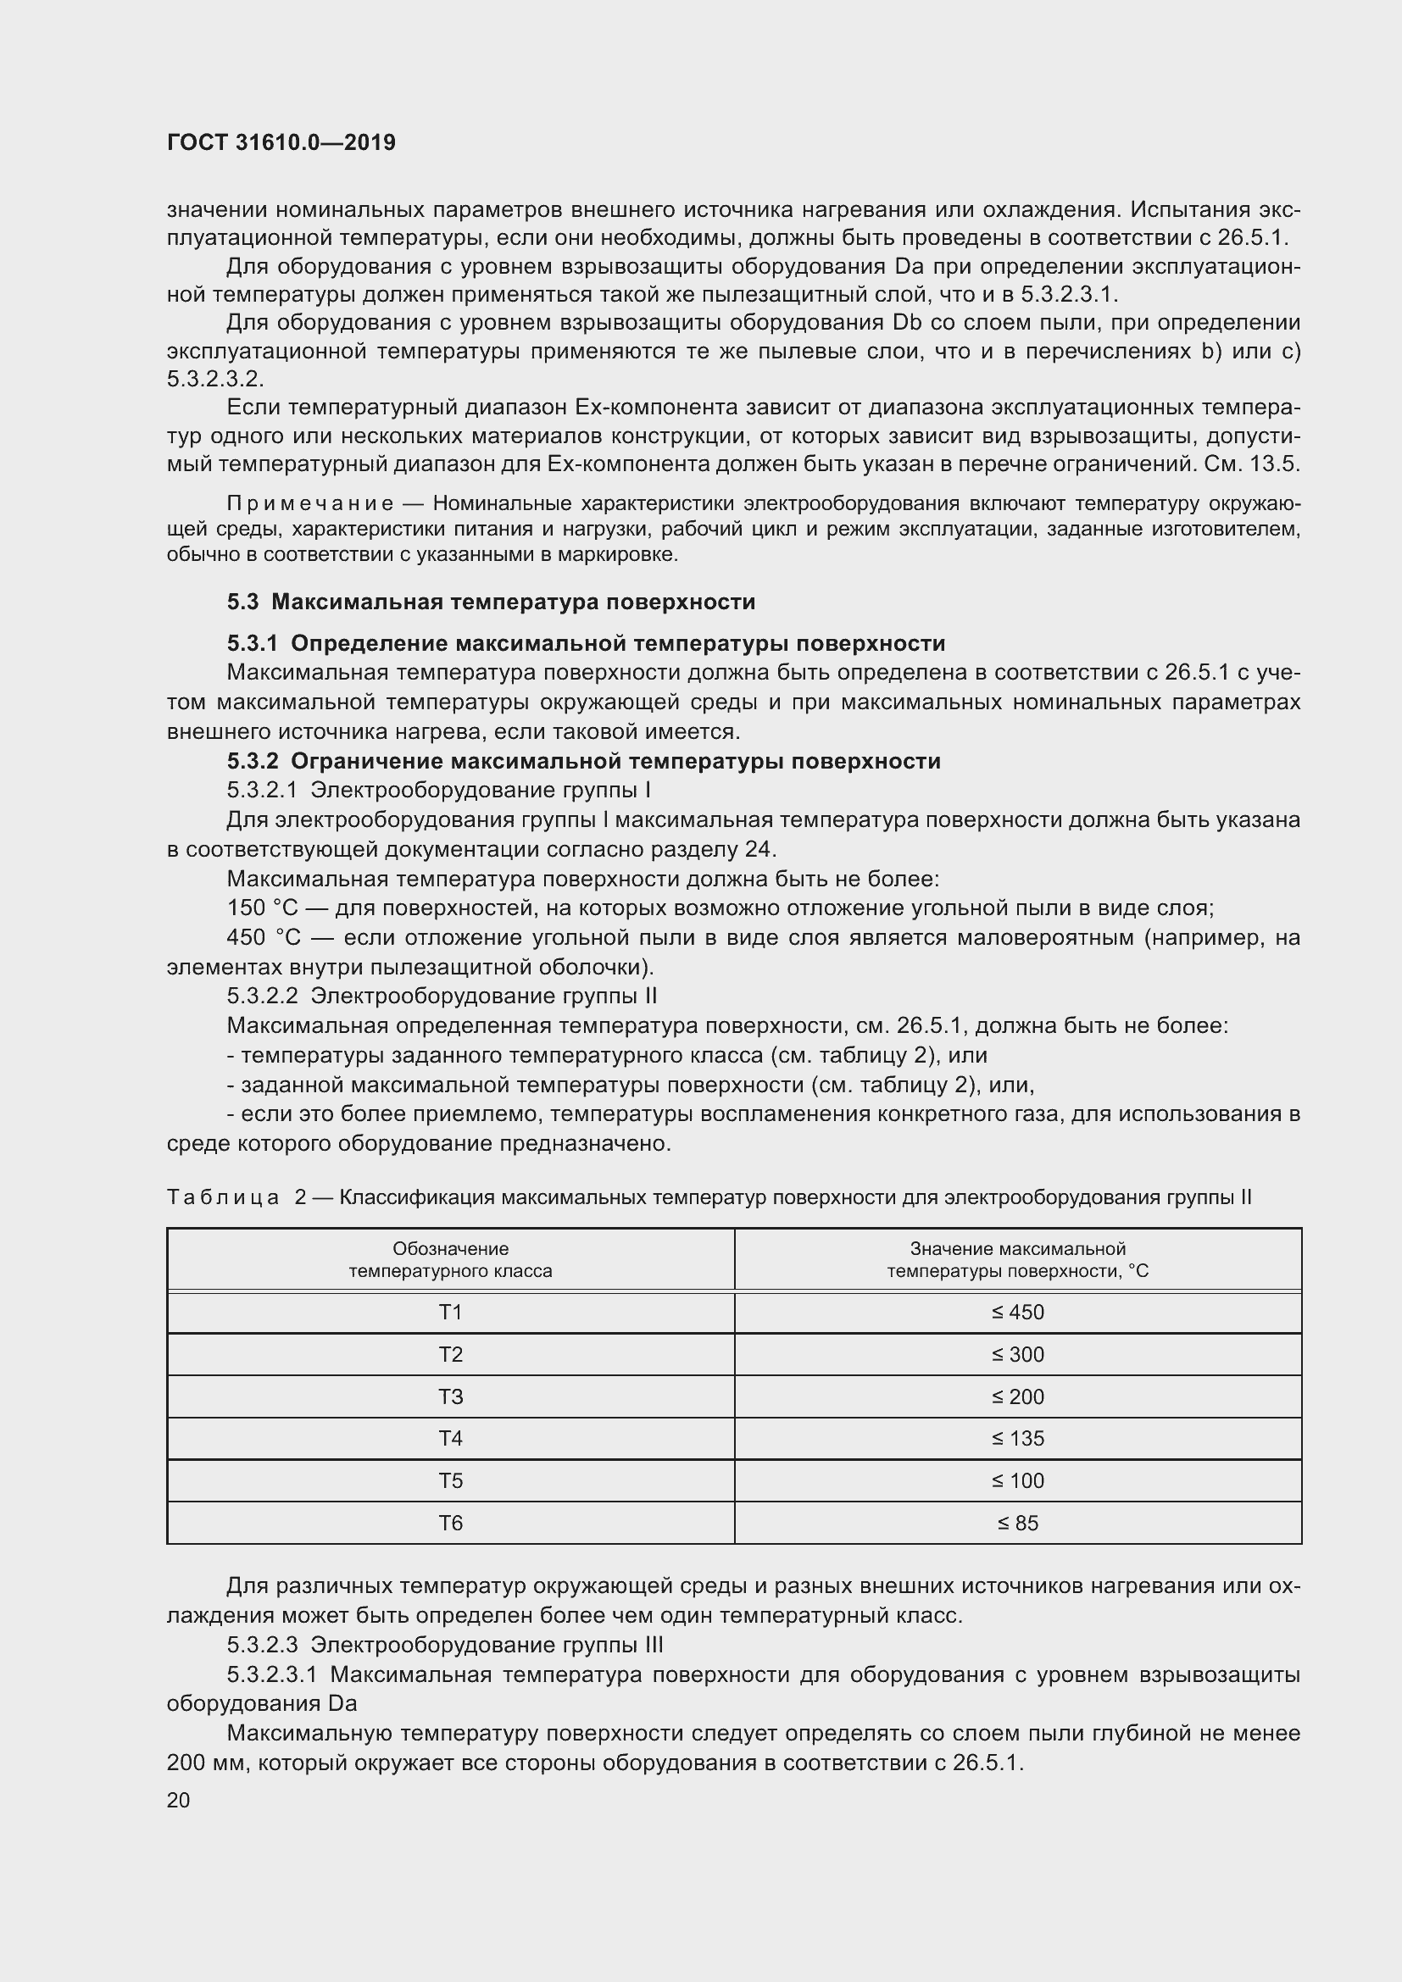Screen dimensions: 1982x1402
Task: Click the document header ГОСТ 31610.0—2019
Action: pos(281,142)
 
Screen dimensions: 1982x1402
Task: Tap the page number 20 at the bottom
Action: pos(178,1800)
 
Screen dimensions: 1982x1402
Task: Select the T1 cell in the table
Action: pos(450,1312)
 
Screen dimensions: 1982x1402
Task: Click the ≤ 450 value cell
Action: pos(1017,1312)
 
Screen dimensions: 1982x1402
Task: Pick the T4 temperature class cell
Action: pos(450,1438)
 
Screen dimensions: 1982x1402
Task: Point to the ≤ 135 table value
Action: pos(1017,1438)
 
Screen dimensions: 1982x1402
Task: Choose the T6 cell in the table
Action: pos(450,1523)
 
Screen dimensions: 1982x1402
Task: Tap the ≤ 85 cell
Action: pos(1017,1523)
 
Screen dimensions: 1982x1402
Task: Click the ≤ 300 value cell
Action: pos(1017,1354)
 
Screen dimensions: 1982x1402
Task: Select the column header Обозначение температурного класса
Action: pos(450,1259)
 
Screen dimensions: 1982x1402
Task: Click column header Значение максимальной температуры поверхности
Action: pos(1017,1259)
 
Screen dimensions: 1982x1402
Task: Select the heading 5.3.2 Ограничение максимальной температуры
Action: pos(582,760)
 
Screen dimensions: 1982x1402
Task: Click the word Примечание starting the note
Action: pos(310,503)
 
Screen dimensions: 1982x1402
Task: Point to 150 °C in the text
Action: pos(262,908)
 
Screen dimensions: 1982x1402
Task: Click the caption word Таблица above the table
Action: pos(223,1197)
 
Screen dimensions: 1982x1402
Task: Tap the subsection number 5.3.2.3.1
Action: pos(272,1674)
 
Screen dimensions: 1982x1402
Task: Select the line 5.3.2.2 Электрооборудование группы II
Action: pos(441,997)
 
